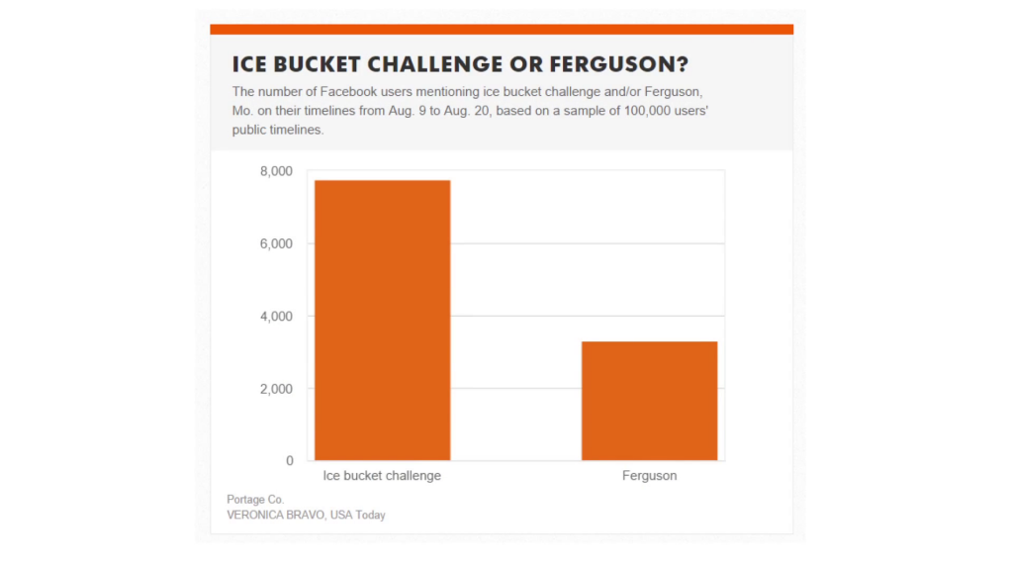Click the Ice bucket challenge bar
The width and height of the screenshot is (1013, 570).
383,320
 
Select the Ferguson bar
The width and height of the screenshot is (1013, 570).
649,401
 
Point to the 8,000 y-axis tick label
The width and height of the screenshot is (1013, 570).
276,171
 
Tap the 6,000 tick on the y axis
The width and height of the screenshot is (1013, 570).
276,243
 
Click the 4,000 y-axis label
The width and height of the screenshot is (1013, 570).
276,316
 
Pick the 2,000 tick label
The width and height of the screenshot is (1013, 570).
276,388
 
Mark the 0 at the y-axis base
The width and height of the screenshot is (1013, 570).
290,461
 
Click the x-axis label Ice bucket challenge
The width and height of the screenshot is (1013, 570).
382,476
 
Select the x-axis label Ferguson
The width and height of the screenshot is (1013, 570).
649,476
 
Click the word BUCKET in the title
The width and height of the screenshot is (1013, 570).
317,64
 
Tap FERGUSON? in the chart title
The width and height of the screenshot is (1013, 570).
619,64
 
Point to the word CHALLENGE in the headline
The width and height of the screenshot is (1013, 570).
435,64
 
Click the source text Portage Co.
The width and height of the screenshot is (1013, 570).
255,500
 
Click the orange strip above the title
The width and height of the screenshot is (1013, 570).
502,29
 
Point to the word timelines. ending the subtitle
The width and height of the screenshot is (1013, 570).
301,130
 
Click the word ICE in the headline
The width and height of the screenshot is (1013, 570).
249,64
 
